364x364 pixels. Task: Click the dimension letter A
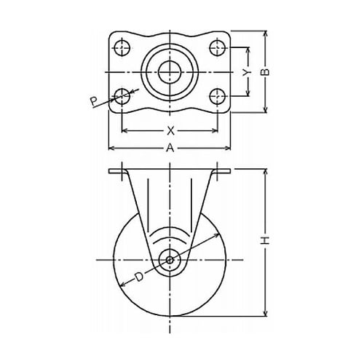170,148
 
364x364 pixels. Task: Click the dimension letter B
266,72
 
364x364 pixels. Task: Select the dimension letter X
170,131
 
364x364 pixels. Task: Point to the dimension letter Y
247,72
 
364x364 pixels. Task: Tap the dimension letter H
266,240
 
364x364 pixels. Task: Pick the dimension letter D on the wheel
139,277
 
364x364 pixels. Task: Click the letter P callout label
94,100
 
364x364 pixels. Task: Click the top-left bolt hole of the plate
122,47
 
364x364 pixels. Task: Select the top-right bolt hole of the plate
218,47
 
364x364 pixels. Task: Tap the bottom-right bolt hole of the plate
218,96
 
